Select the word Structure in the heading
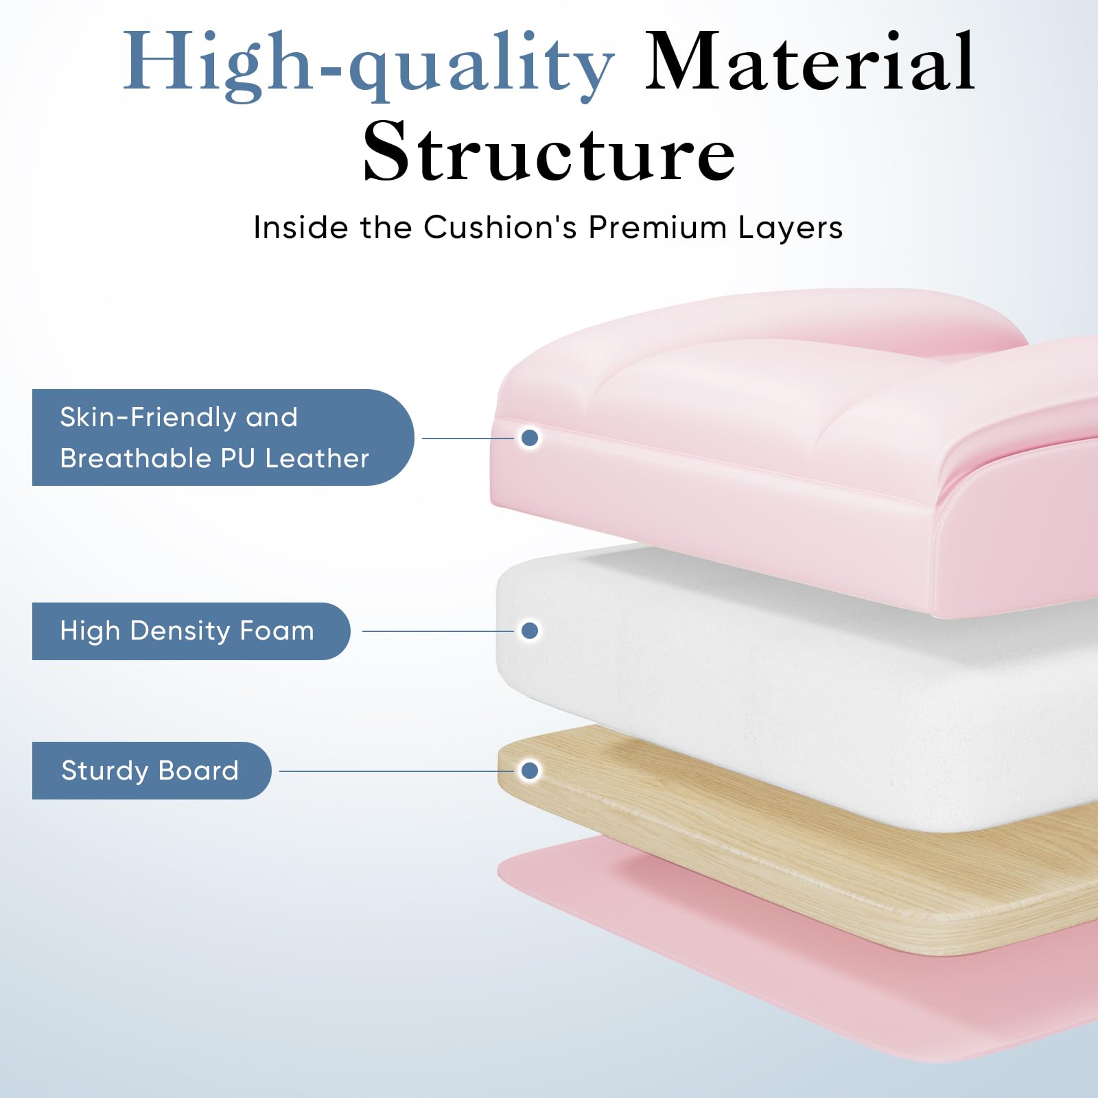[549, 151]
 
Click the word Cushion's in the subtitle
[500, 227]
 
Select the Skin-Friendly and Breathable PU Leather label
[223, 437]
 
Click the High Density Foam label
[191, 631]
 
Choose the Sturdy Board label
[152, 771]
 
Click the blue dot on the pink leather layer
[530, 438]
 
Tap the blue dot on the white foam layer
[530, 631]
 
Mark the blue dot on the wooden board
[530, 771]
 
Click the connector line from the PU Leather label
[468, 438]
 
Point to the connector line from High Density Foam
[438, 631]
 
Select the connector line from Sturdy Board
[397, 771]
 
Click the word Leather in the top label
[317, 458]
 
